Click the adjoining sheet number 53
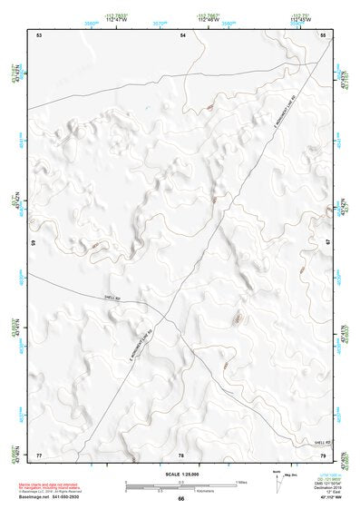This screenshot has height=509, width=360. tap(39, 34)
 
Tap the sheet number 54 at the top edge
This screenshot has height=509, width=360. tap(182, 34)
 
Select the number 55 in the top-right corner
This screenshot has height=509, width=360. tap(324, 34)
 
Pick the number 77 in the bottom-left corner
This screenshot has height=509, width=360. tap(39, 455)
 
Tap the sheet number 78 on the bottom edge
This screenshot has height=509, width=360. tap(181, 455)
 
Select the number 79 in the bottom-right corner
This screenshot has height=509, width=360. tap(324, 455)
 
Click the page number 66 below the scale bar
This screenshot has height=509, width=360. tap(181, 498)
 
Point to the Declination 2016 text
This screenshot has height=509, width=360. tap(326, 487)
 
